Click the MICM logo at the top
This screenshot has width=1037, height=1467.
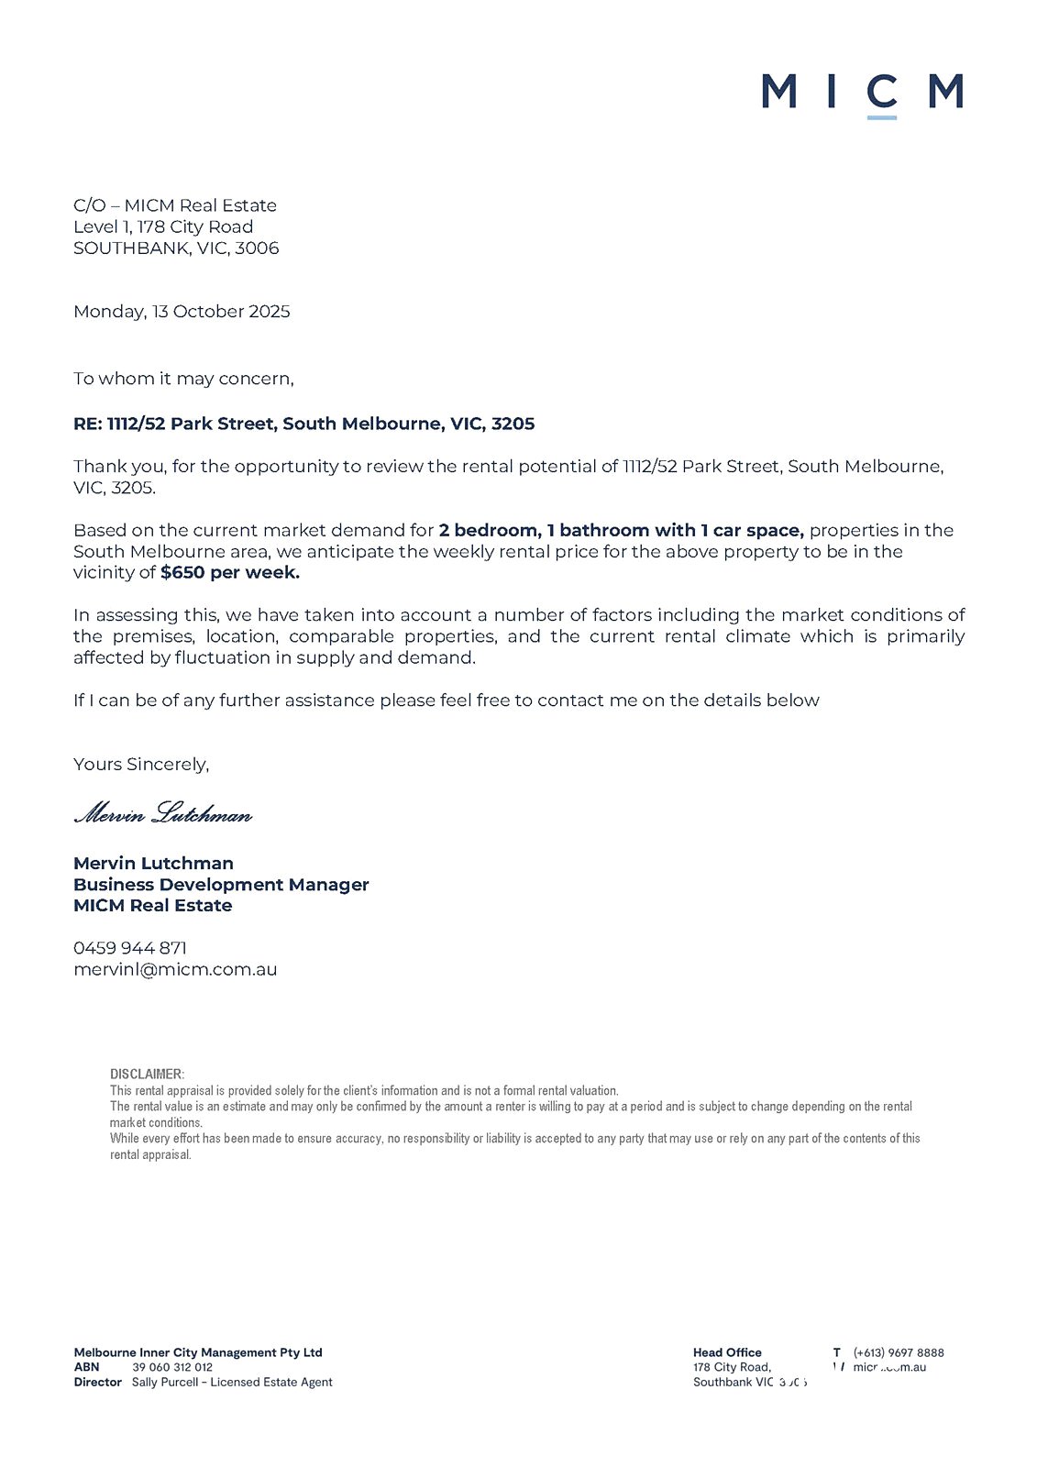tap(862, 93)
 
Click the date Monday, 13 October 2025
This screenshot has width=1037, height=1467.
tap(182, 312)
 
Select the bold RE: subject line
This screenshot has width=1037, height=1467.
tap(303, 424)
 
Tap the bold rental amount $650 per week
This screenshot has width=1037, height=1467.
tap(229, 573)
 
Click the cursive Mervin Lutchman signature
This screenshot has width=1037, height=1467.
tap(162, 813)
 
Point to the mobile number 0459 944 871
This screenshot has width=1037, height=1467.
tap(130, 948)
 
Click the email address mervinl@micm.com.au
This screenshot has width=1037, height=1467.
tap(175, 969)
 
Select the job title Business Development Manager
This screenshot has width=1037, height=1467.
tap(221, 885)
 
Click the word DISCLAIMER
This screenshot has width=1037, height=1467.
tap(147, 1074)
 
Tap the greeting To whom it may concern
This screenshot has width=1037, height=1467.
tap(183, 379)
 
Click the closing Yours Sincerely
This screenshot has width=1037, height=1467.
tap(141, 764)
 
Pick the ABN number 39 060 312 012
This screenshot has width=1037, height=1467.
tap(172, 1367)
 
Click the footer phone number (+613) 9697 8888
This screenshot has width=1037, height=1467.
tap(898, 1352)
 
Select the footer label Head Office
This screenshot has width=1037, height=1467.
tap(727, 1352)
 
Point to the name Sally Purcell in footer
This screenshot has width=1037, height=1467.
tap(164, 1382)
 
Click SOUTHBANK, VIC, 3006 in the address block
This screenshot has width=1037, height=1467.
tap(176, 248)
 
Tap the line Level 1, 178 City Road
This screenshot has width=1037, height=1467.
tap(163, 227)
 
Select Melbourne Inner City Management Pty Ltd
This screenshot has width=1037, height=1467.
tap(198, 1352)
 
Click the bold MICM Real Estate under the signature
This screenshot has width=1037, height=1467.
tap(153, 906)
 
